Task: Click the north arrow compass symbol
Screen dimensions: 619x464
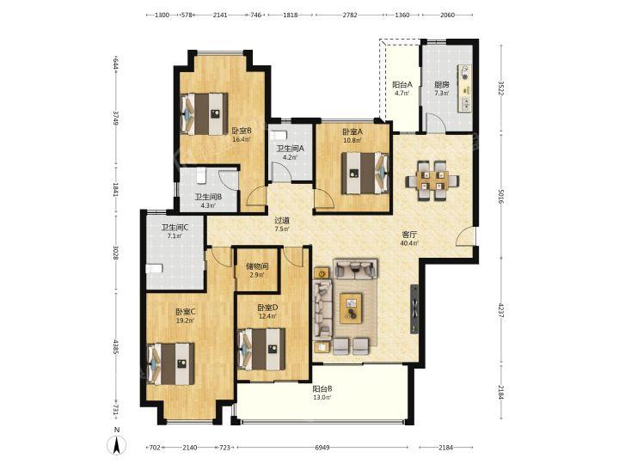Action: [117, 445]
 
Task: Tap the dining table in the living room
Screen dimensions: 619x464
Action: [432, 180]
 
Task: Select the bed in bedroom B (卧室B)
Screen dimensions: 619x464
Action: [204, 114]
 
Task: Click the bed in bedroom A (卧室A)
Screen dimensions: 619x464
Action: [365, 174]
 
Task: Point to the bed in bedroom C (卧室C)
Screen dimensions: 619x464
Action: [170, 363]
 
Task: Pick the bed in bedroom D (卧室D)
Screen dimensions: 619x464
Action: [261, 349]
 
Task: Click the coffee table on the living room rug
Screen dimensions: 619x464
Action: [351, 308]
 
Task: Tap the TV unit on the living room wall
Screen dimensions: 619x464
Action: [414, 309]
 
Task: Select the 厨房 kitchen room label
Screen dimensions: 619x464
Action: [442, 84]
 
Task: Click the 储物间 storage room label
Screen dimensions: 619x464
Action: [257, 266]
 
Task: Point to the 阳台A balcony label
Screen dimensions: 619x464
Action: [401, 84]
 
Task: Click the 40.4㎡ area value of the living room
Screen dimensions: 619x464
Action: [409, 243]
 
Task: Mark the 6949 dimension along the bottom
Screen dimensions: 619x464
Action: [322, 448]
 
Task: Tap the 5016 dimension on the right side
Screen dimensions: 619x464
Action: [501, 196]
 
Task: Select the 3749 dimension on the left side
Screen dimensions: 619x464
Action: [116, 118]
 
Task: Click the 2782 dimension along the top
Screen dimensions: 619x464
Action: [350, 15]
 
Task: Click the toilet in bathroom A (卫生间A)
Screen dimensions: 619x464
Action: [278, 135]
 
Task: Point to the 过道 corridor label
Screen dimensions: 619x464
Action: [282, 221]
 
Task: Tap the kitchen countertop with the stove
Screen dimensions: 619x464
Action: [465, 88]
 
